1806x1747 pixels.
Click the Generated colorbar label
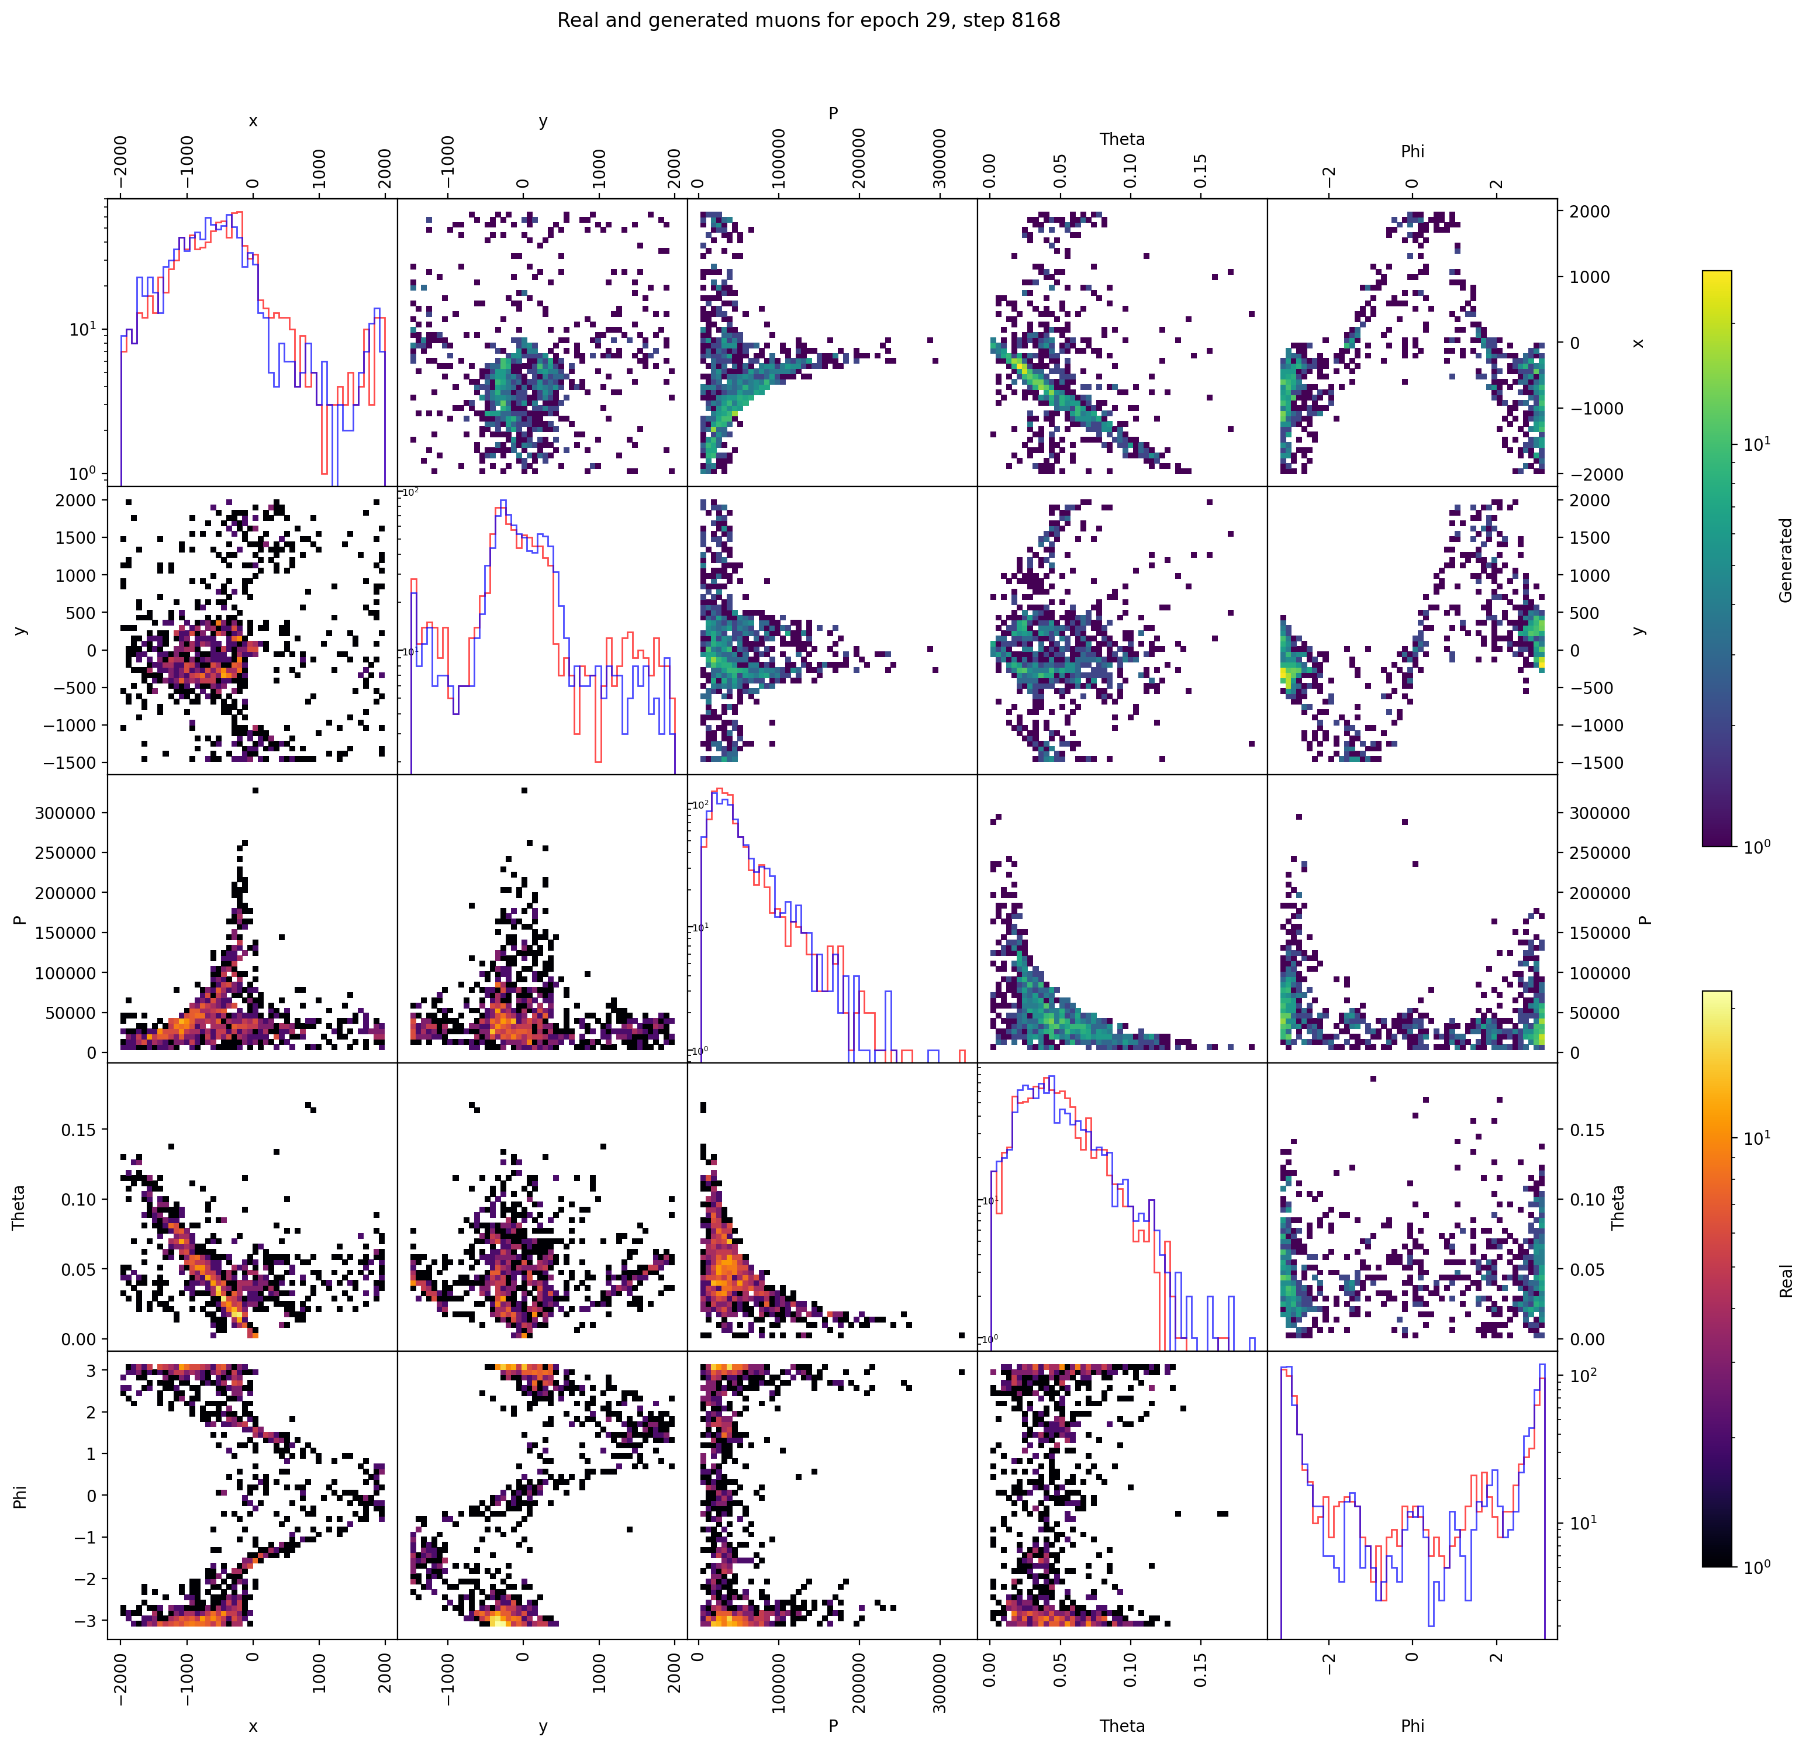1786,560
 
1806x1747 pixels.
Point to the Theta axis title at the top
1121,139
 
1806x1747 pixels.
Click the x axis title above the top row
253,120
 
